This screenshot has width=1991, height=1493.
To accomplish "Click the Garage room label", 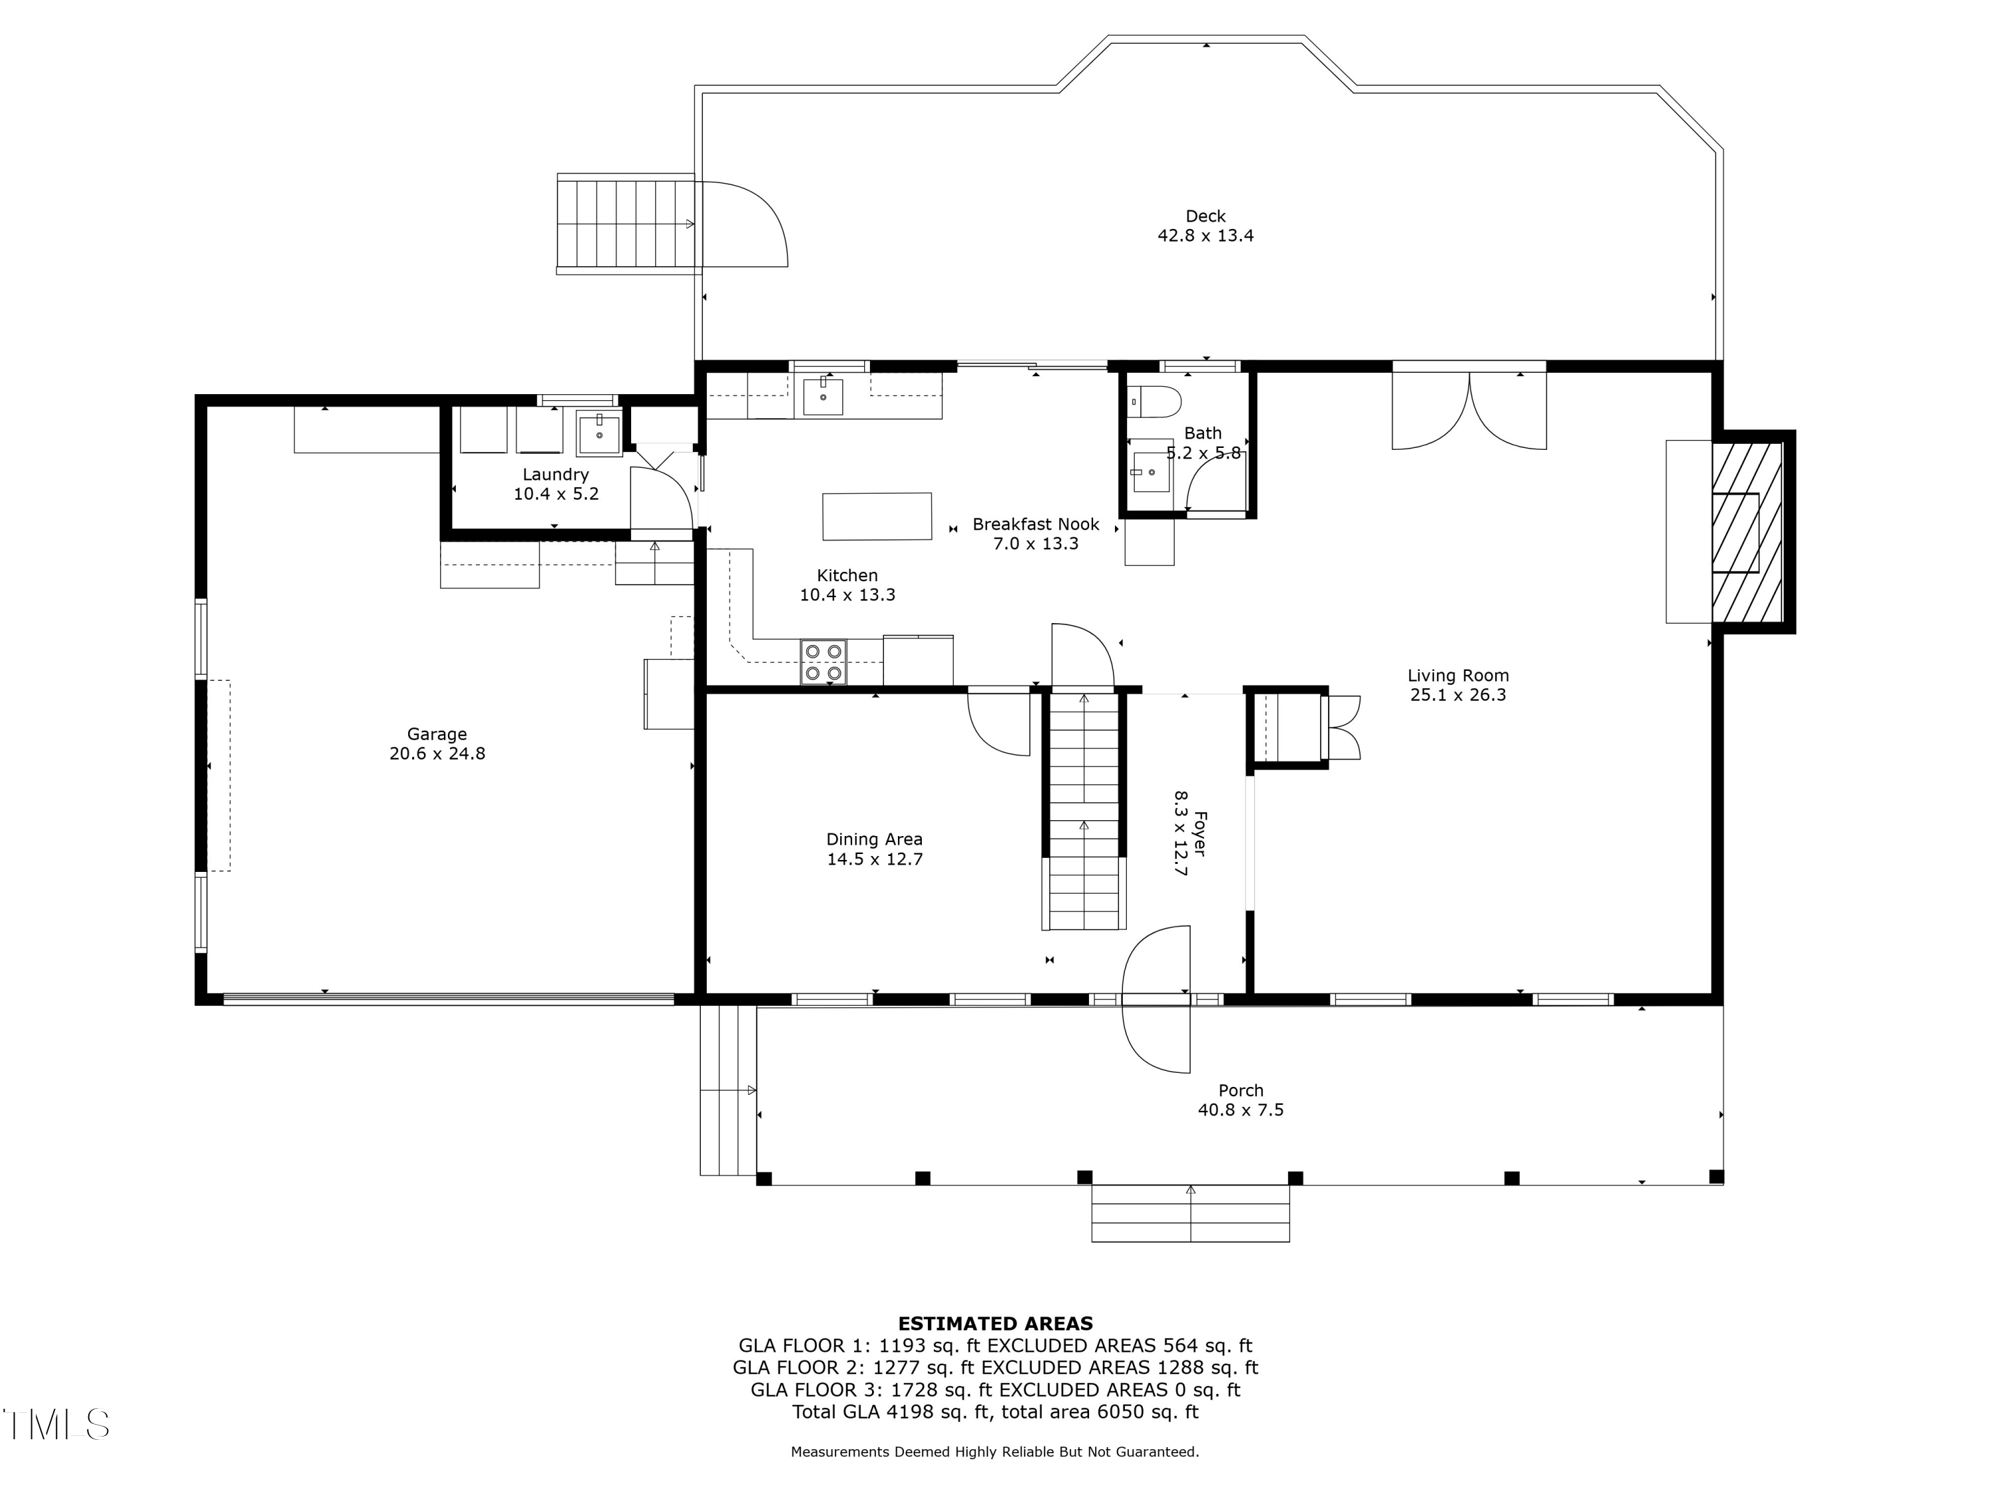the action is pos(437,735).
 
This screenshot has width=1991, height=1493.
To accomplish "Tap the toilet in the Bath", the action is pos(1155,401).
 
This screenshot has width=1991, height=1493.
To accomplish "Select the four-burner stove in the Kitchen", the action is pos(824,662).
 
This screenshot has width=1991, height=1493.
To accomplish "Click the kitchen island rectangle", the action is pos(877,516).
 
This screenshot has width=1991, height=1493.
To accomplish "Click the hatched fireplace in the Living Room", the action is pos(1747,532).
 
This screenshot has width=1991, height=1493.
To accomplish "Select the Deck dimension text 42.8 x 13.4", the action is pos(1205,236).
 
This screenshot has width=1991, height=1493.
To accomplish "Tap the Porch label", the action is pos(1240,1091).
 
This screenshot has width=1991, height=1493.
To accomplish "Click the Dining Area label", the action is pos(874,839).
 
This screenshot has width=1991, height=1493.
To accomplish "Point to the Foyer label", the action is pos(1200,834).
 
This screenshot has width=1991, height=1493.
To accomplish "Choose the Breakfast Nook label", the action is pos(1036,525).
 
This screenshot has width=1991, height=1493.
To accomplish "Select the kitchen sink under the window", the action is pos(823,397).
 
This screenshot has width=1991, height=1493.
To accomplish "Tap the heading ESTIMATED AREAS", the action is pos(995,1324).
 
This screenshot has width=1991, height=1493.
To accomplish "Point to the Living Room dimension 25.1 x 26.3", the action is pos(1458,695).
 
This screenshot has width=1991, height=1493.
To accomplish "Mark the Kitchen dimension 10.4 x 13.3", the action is pos(847,595).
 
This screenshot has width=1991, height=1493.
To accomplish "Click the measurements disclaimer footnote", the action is pos(995,1452).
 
